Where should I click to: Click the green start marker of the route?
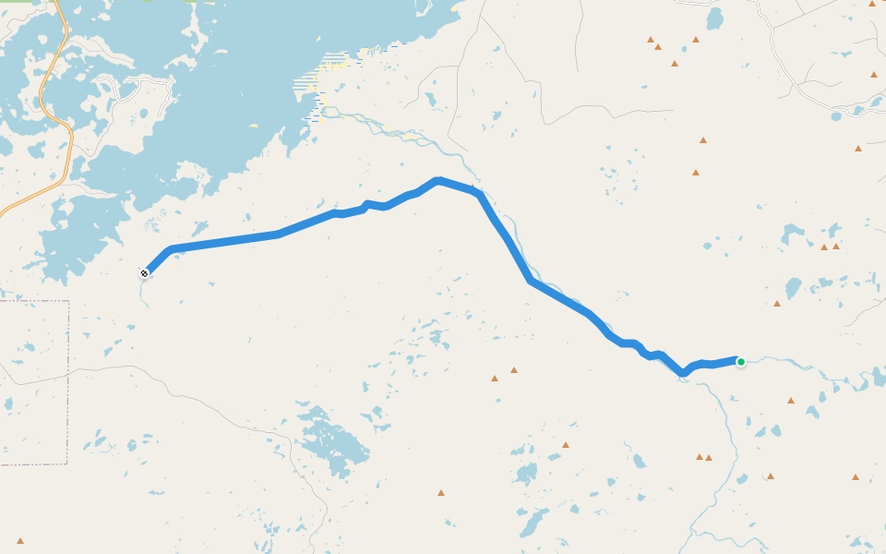click(x=740, y=362)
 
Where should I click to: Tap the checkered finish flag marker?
click(x=145, y=272)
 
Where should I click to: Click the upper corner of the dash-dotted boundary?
click(x=67, y=302)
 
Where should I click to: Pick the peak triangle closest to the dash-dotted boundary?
click(x=20, y=541)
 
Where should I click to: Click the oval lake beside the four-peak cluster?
click(x=714, y=18)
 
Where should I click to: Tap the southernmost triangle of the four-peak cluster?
click(x=675, y=64)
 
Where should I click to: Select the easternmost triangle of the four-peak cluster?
click(x=696, y=40)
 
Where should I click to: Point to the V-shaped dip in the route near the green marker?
click(x=683, y=373)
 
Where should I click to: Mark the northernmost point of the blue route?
click(x=437, y=180)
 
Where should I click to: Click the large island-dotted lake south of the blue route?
click(x=332, y=443)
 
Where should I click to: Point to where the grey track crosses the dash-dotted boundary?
click(x=67, y=371)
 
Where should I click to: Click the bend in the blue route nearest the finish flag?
click(x=171, y=249)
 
